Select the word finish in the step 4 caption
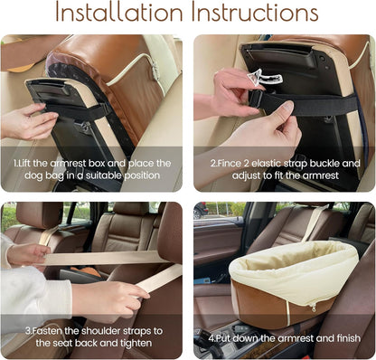(x=332, y=338)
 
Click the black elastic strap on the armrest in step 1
(x=81, y=110)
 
